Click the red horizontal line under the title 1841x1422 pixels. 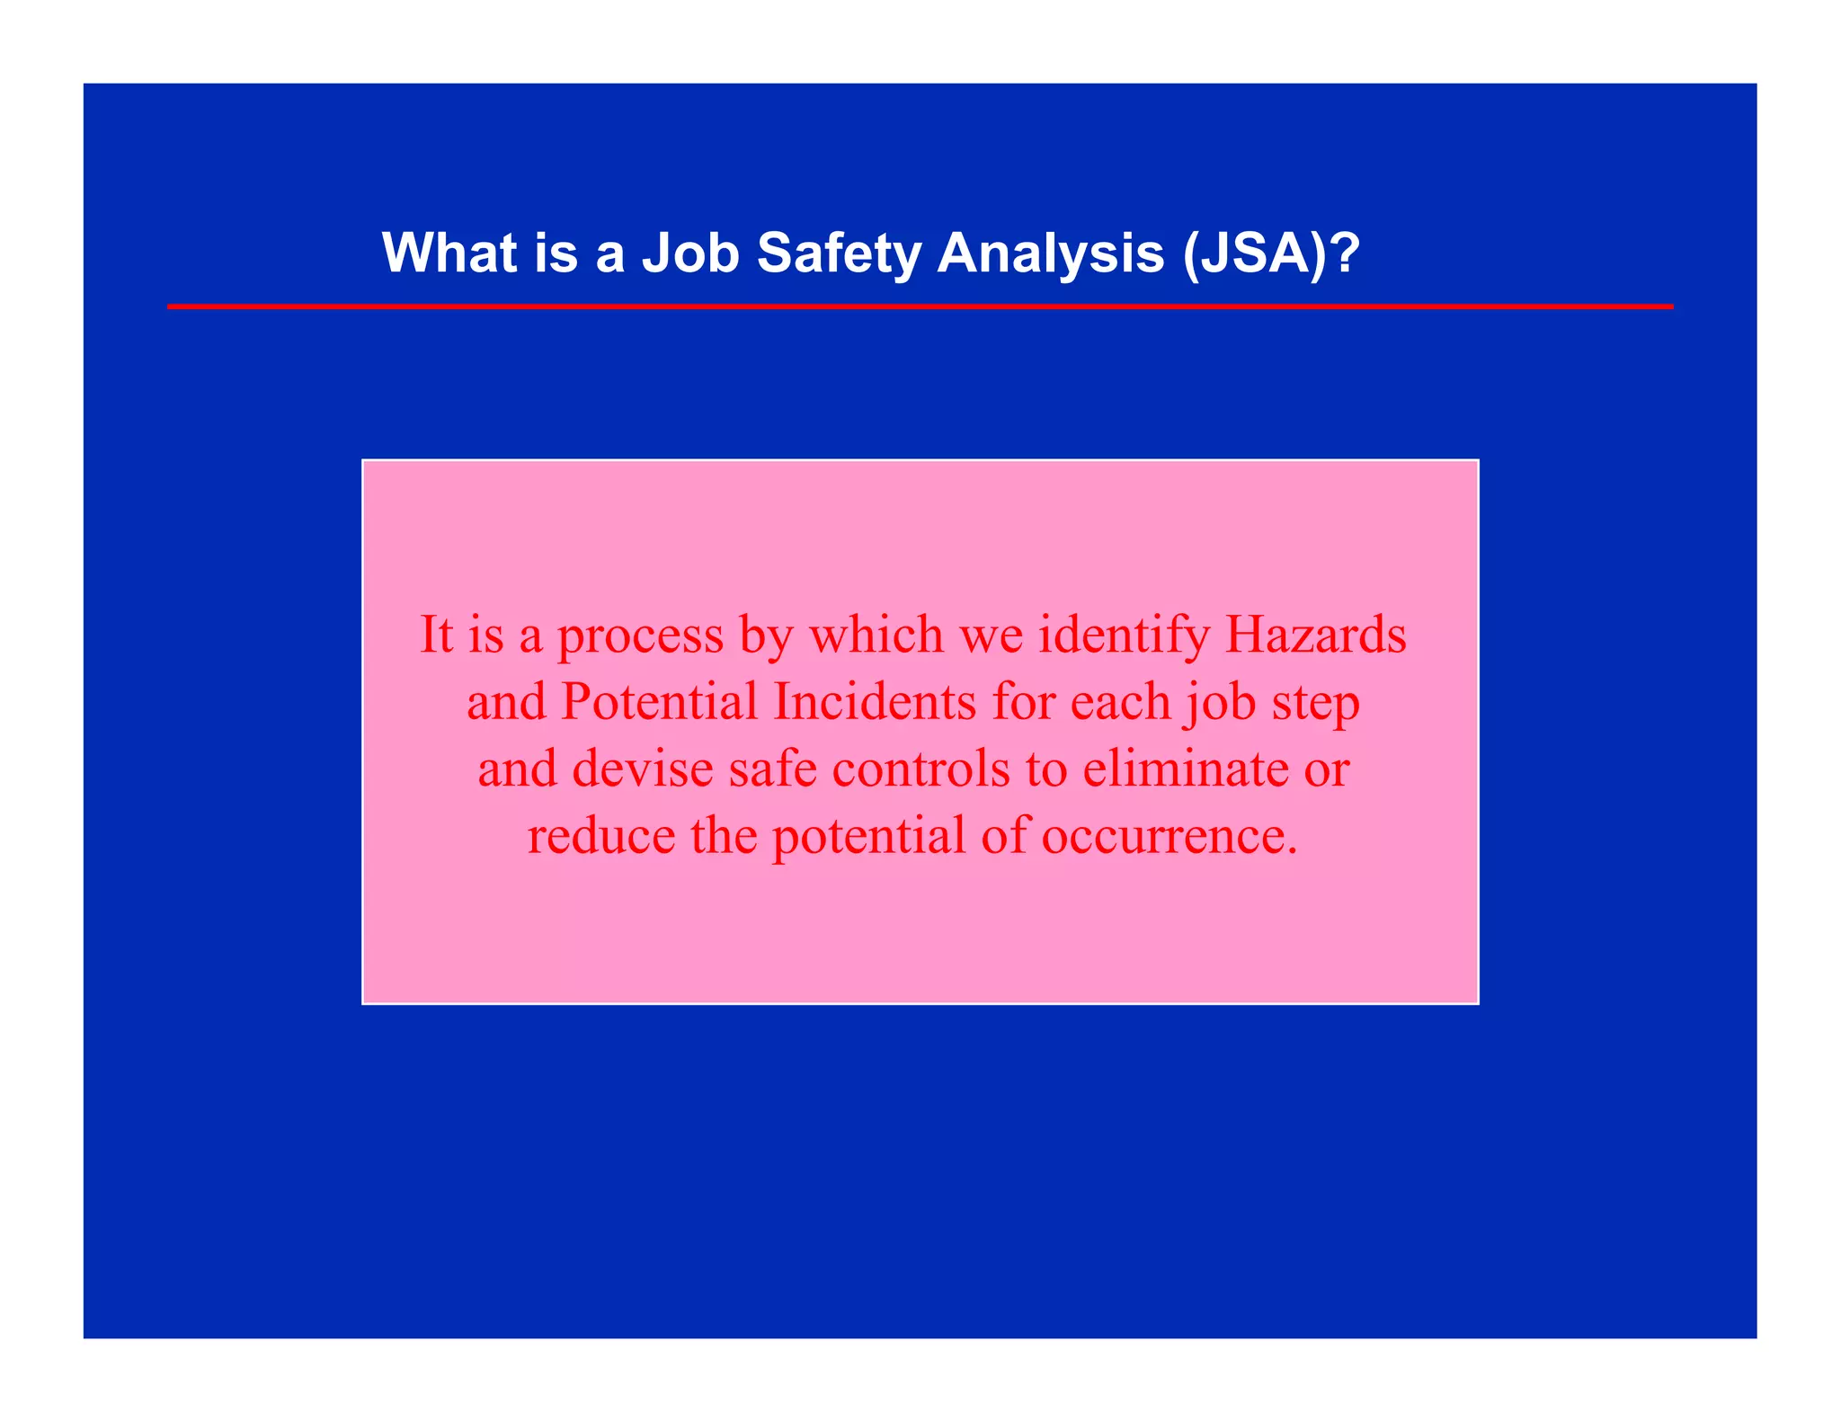click(x=920, y=307)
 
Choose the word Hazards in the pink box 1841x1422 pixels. click(x=1315, y=635)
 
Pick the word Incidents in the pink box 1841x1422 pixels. click(x=874, y=702)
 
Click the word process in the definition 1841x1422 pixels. click(x=640, y=636)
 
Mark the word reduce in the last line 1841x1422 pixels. click(x=600, y=836)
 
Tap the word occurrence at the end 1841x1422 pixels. click(x=1169, y=836)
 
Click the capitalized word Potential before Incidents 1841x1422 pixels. click(x=659, y=702)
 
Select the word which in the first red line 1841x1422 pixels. click(x=876, y=635)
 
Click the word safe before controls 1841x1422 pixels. click(x=772, y=769)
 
